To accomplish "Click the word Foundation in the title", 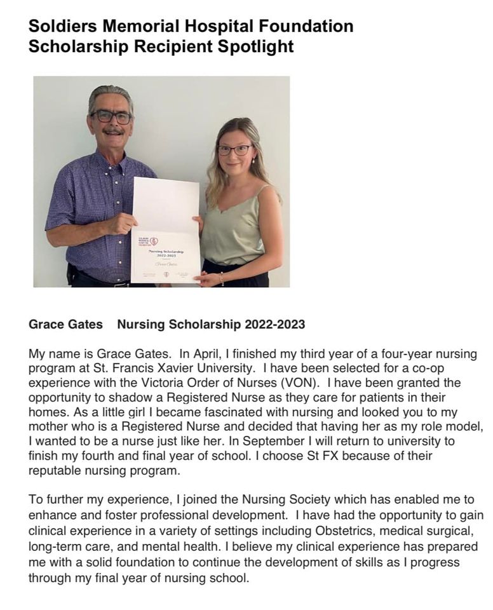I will [x=304, y=26].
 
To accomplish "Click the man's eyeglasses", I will [x=111, y=117].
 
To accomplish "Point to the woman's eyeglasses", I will [x=234, y=150].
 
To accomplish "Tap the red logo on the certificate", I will [x=153, y=241].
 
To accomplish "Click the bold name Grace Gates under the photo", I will [x=65, y=325].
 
